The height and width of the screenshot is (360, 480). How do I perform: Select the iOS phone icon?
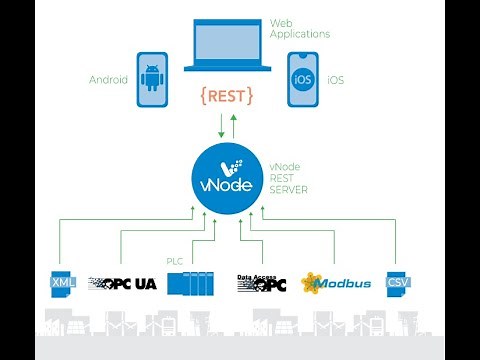point(301,79)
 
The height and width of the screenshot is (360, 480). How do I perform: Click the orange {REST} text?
point(226,95)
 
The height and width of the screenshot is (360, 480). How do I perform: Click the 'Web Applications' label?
point(299,28)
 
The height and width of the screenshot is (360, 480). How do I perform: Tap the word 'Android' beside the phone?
point(108,79)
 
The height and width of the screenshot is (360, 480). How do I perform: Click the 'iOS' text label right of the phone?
point(335,79)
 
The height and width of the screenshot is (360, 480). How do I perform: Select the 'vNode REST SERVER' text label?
point(290,176)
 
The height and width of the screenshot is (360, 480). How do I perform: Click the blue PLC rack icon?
point(191,283)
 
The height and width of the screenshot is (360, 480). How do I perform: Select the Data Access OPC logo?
point(261,283)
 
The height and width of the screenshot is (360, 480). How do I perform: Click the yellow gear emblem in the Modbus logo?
point(311,282)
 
